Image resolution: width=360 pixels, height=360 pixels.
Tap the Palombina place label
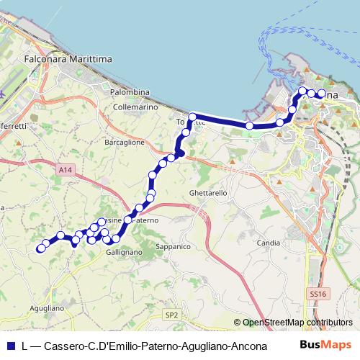pos(130,92)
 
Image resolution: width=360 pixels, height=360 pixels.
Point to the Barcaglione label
pos(125,143)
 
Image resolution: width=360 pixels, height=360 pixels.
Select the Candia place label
pos(267,243)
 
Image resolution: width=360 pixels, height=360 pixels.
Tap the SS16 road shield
pos(318,294)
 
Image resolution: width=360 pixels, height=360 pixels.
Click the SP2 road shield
pos(171,315)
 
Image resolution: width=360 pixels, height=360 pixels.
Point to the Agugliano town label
pos(49,307)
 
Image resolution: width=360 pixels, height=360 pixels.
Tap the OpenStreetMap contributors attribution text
pos(297,323)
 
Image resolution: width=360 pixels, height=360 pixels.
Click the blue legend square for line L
pos(9,346)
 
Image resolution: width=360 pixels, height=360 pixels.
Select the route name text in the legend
pos(135,346)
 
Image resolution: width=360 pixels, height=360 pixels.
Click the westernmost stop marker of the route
pos(40,249)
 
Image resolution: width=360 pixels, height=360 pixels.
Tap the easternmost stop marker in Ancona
pos(321,94)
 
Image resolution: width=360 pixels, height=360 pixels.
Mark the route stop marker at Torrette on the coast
pos(193,117)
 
